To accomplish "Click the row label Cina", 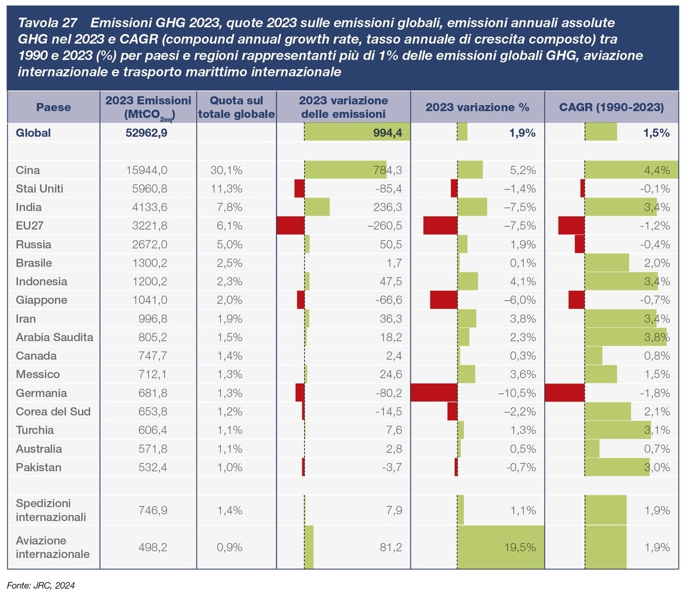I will pyautogui.click(x=28, y=170).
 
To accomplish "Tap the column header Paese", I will pyautogui.click(x=53, y=107).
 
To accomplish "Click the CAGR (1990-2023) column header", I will pyautogui.click(x=611, y=107).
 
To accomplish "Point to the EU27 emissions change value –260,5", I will pyautogui.click(x=384, y=226).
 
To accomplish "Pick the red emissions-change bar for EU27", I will pyautogui.click(x=291, y=226).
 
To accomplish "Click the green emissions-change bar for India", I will pyautogui.click(x=317, y=207).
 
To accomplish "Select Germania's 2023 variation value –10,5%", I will pyautogui.click(x=517, y=393).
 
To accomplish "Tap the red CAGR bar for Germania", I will pyautogui.click(x=564, y=393).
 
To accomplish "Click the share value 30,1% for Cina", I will pyautogui.click(x=230, y=170).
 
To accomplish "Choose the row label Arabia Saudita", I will pyautogui.click(x=54, y=337).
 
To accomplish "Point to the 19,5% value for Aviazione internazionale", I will pyautogui.click(x=520, y=547).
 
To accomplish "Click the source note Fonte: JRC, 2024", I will pyautogui.click(x=41, y=585).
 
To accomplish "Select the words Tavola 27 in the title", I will pyautogui.click(x=47, y=23).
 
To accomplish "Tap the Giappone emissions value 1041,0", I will pyautogui.click(x=149, y=300).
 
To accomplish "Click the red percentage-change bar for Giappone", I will pyautogui.click(x=444, y=300).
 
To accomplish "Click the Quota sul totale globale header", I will pyautogui.click(x=236, y=107).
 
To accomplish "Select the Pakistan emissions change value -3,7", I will pyautogui.click(x=391, y=467).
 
